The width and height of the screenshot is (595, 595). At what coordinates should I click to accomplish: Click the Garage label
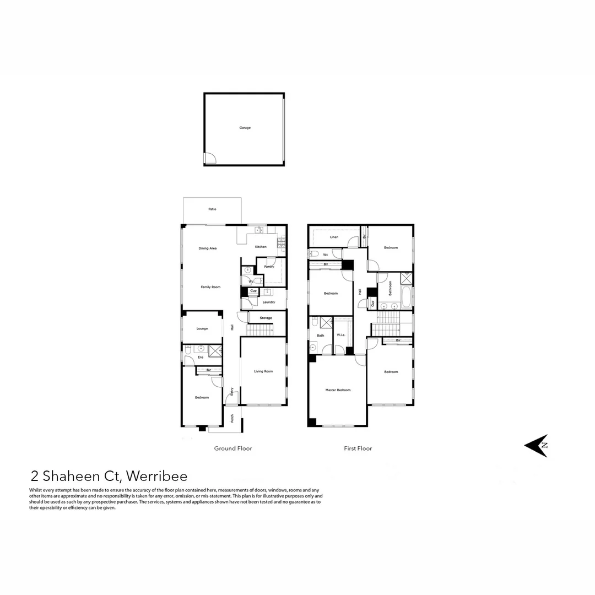[x=245, y=128]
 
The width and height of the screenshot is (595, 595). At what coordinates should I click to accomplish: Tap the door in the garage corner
[x=210, y=159]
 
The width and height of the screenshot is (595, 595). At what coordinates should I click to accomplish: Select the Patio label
[x=212, y=209]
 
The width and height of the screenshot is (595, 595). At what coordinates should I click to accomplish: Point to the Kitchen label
[x=261, y=247]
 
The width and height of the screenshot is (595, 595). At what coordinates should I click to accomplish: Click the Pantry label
[x=269, y=267]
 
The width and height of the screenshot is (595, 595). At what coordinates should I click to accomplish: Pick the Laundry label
[x=269, y=302]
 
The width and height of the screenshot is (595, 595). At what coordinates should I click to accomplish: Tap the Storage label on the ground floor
[x=266, y=318]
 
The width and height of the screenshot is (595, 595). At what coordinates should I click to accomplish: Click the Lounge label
[x=202, y=328]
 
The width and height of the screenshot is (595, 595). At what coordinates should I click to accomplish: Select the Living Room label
[x=263, y=371]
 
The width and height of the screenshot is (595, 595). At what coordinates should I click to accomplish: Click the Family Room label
[x=210, y=287]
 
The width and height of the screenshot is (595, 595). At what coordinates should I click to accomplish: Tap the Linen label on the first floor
[x=334, y=237]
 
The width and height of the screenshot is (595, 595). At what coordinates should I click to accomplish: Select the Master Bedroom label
[x=338, y=390]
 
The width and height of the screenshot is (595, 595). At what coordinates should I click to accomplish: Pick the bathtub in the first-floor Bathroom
[x=406, y=298]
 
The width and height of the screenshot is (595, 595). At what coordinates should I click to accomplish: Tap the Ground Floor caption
[x=233, y=448]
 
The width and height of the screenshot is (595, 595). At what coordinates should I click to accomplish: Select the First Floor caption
[x=358, y=448]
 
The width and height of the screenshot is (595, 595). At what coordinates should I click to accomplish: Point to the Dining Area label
[x=208, y=248]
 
